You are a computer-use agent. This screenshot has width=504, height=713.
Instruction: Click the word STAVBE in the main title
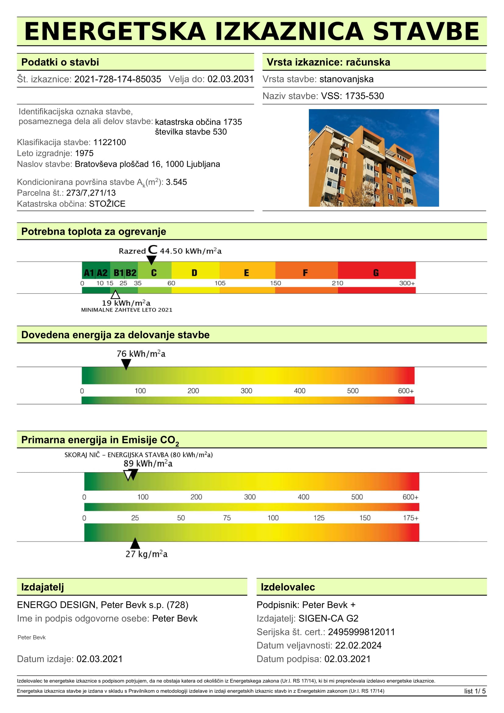[426, 31]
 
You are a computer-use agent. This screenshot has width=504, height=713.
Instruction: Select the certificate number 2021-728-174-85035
[118, 79]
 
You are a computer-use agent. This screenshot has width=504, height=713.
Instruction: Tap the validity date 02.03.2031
[231, 79]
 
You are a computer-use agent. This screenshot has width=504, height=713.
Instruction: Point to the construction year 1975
[84, 153]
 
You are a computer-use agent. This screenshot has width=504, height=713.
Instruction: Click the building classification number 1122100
[110, 142]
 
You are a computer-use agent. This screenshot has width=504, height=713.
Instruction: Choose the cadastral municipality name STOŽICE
[107, 204]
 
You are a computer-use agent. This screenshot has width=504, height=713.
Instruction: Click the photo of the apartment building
[374, 158]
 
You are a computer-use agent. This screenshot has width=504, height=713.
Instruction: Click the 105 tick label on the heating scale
[220, 283]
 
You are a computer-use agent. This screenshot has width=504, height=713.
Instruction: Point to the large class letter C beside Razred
[152, 249]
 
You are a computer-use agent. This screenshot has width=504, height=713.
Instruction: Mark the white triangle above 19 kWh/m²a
[116, 294]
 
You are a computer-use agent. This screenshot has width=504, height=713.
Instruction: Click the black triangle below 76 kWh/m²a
[126, 364]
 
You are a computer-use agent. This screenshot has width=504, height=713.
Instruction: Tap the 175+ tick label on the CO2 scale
[410, 518]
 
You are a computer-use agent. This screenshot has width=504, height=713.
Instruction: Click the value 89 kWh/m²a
[148, 464]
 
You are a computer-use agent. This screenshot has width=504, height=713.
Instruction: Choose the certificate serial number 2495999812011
[361, 632]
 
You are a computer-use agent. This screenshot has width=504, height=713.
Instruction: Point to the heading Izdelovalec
[288, 587]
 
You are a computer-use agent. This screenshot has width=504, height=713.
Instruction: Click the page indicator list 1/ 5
[475, 691]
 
